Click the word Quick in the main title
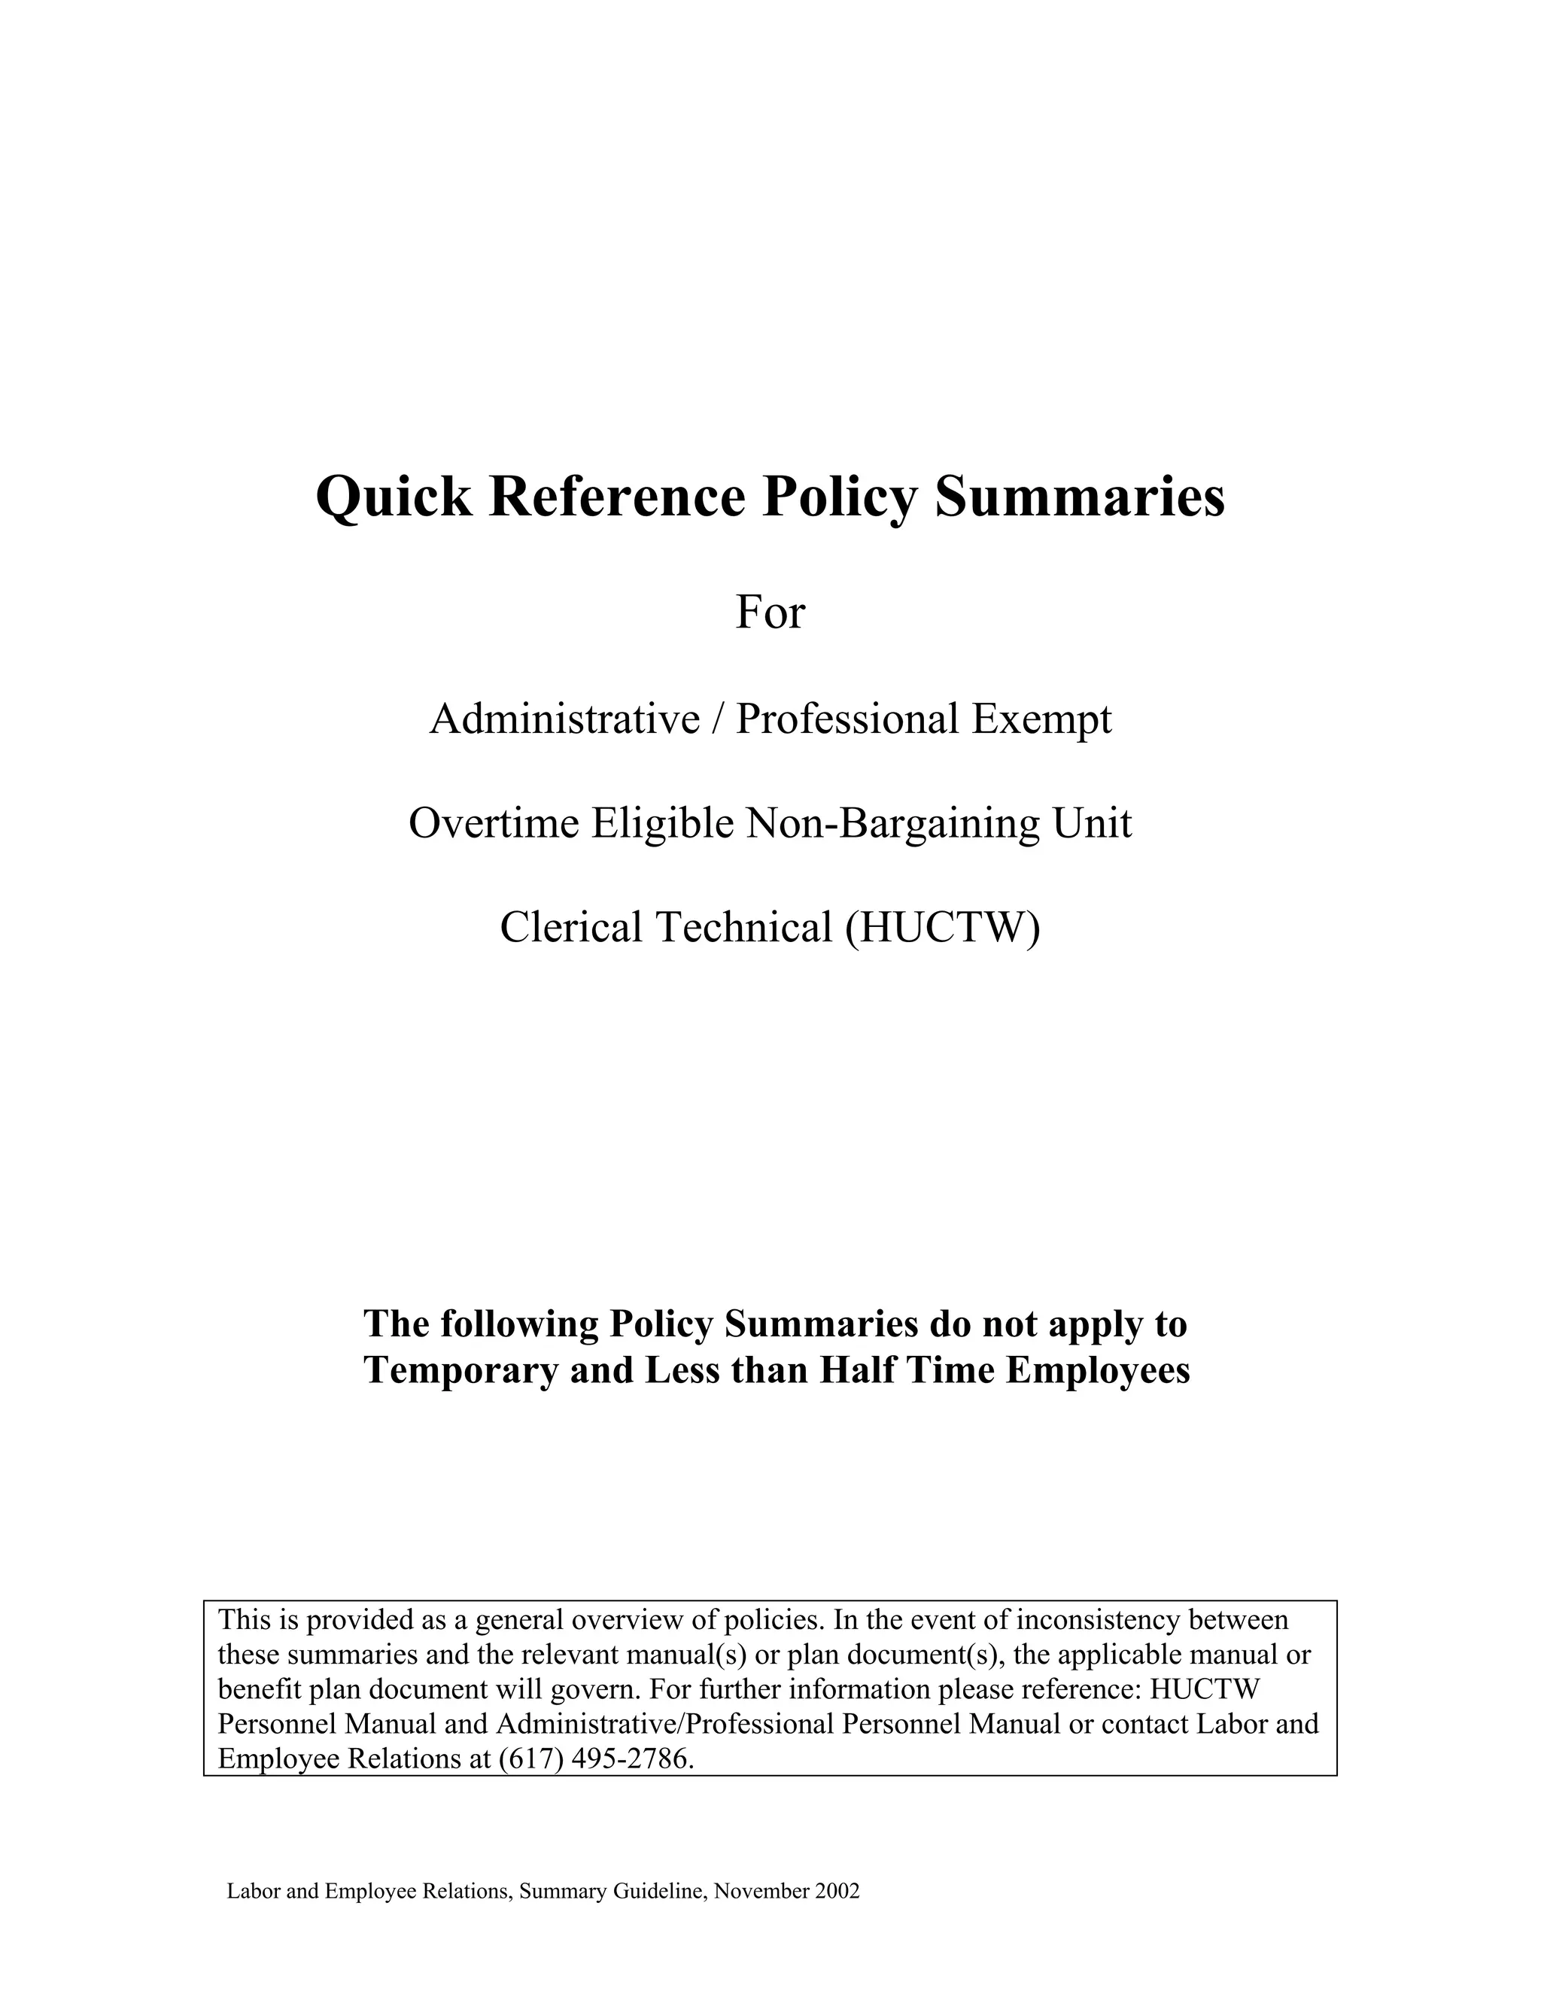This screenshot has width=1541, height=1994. click(394, 498)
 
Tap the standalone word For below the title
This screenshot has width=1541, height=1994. click(770, 612)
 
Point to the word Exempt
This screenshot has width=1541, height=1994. click(1041, 719)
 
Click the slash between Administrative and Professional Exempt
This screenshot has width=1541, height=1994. click(718, 719)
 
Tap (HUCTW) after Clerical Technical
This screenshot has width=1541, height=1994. click(942, 928)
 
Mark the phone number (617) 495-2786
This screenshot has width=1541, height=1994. click(596, 1758)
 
